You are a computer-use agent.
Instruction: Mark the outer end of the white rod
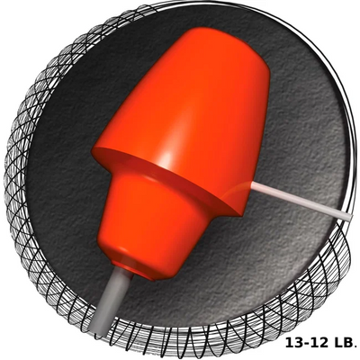click(348, 219)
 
